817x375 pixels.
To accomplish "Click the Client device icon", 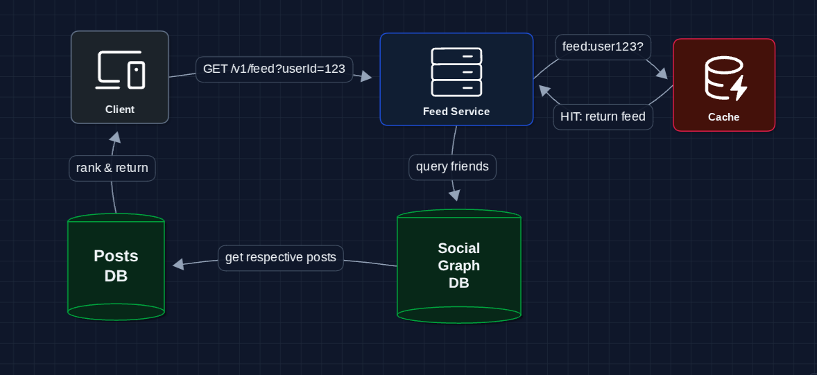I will pos(120,71).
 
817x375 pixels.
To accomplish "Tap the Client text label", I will pos(120,110).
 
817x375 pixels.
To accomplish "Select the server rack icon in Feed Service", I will pos(456,71).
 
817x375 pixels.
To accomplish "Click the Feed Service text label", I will pos(456,112).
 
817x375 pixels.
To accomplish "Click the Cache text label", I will pos(723,117).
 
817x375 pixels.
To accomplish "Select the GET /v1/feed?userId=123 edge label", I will pos(274,69).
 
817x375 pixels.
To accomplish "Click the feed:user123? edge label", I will pos(603,47).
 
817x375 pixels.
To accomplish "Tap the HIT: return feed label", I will pos(603,116).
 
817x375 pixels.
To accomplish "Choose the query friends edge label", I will pos(452,166).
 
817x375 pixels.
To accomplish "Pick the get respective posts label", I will pos(280,258).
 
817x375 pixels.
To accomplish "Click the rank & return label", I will pos(112,168).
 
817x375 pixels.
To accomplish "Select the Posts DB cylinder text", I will pos(116,265).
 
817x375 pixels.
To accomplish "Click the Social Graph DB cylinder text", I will pos(458,265).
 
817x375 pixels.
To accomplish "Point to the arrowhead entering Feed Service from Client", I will pos(367,77).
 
